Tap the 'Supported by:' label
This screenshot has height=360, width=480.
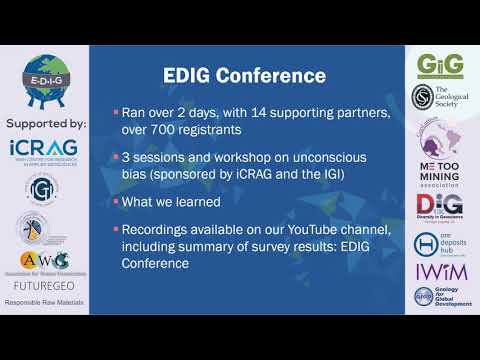point(45,124)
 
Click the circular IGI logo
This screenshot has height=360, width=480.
point(43,189)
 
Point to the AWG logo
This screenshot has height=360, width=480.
point(43,262)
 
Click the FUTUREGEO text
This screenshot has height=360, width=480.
point(44,283)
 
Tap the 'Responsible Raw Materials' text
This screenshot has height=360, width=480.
point(44,300)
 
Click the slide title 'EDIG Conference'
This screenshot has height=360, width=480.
point(244,76)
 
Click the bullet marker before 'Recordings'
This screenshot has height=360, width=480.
point(116,231)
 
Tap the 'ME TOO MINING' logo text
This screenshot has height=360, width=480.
point(442,166)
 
